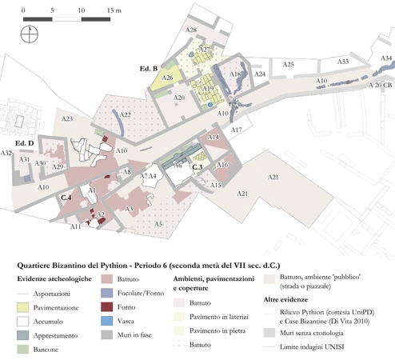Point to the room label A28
(x=192, y=30)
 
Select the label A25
(x=289, y=64)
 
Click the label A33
(x=342, y=61)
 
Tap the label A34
(x=385, y=58)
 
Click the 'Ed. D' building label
(x=25, y=144)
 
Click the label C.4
(x=67, y=196)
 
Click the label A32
(x=6, y=153)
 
